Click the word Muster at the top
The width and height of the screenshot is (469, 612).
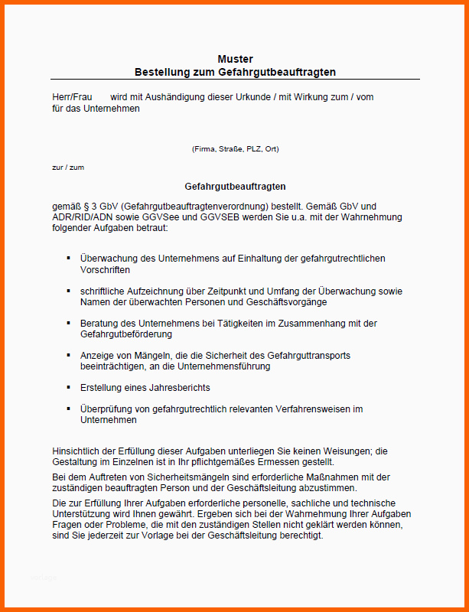coord(235,59)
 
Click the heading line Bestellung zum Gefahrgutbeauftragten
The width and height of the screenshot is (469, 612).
coord(235,72)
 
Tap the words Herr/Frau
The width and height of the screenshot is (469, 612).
coord(67,97)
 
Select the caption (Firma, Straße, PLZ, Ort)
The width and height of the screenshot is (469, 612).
coord(235,148)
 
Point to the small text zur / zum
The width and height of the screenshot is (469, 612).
coord(68,167)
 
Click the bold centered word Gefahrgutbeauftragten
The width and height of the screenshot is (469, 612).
coord(235,186)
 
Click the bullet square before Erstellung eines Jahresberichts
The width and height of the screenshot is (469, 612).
coord(69,388)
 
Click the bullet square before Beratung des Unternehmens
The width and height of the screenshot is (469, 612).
coord(69,324)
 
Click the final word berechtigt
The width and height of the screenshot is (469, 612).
coord(301,535)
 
